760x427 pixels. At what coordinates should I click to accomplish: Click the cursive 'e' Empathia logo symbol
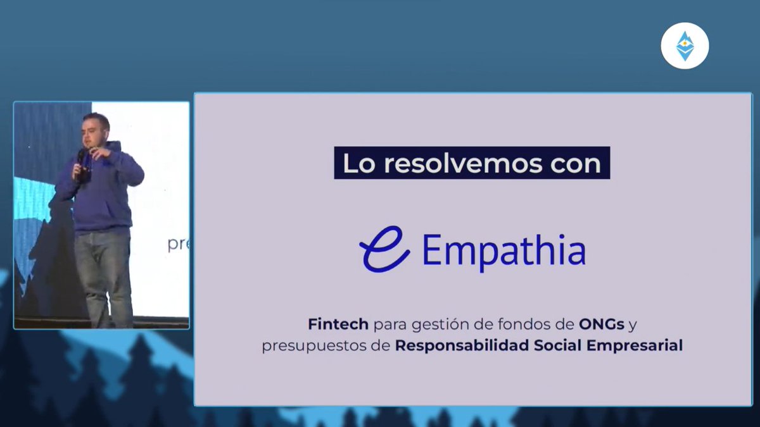384,249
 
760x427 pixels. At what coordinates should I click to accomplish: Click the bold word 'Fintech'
338,325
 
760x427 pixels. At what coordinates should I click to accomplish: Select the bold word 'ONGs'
602,325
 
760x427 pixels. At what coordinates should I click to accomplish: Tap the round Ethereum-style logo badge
685,46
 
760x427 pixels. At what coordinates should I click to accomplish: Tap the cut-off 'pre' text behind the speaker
178,244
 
